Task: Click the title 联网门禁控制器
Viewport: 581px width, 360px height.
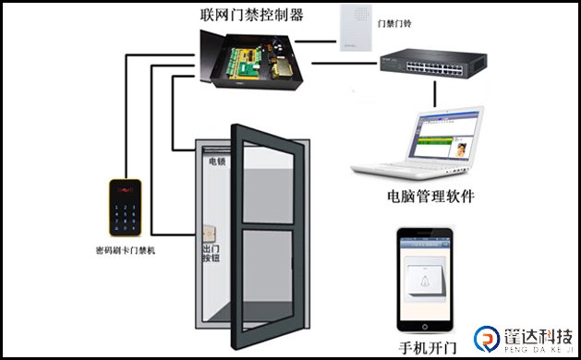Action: pyautogui.click(x=252, y=15)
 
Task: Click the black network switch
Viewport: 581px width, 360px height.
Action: pyautogui.click(x=430, y=62)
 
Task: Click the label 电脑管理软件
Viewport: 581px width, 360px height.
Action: pyautogui.click(x=430, y=197)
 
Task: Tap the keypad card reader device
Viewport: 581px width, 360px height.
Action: pyautogui.click(x=124, y=208)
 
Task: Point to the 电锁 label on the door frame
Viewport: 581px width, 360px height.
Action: pyautogui.click(x=216, y=161)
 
